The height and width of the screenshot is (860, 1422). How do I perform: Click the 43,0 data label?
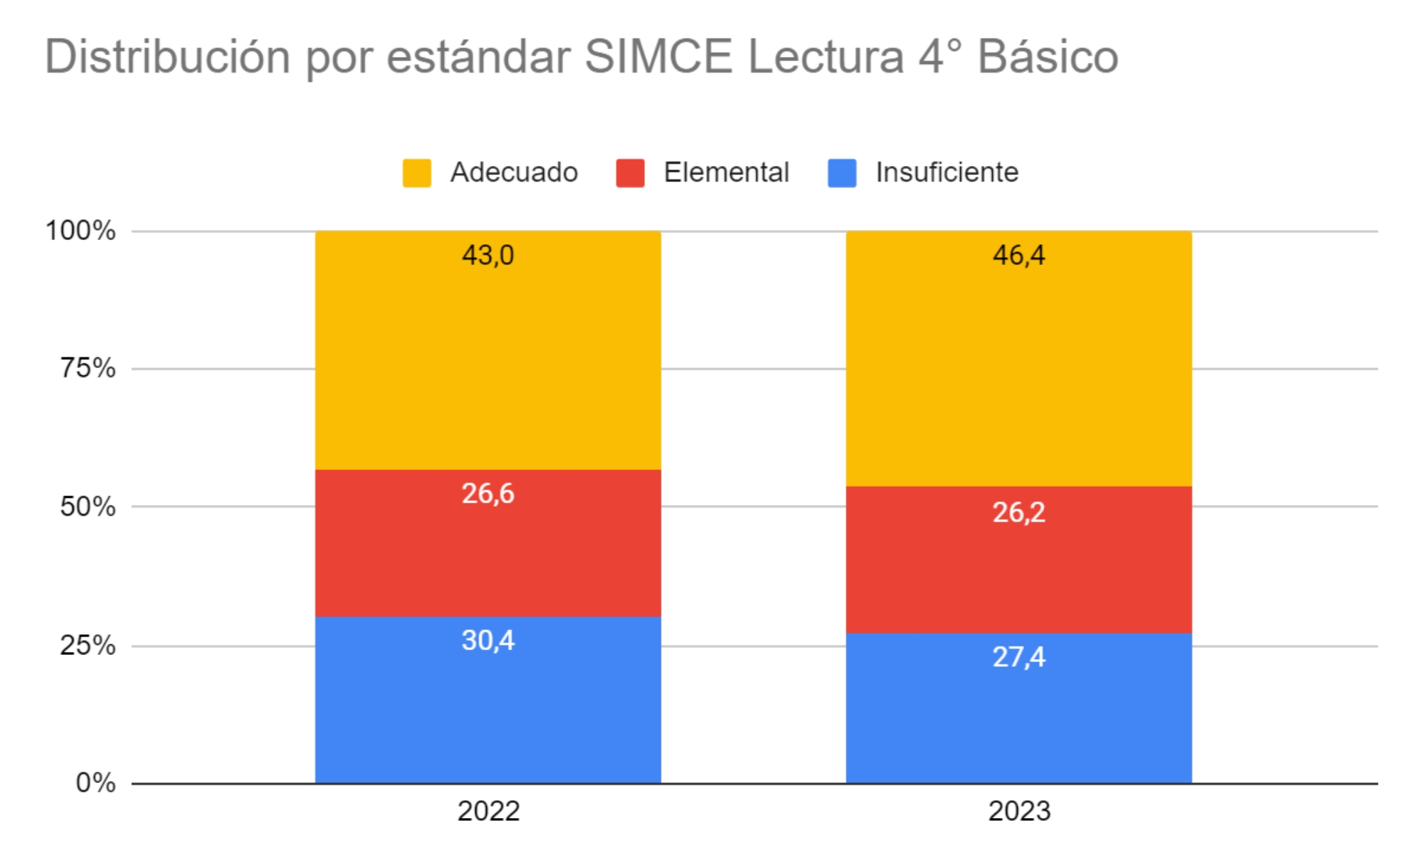pos(488,255)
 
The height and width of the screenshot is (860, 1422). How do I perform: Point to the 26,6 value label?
pos(488,493)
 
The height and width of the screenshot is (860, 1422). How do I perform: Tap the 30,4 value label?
pos(488,640)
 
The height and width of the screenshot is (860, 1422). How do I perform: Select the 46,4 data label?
pos(1018,255)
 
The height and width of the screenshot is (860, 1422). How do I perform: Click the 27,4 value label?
pos(1018,656)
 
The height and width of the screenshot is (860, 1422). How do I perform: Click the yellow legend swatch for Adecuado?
pos(416,173)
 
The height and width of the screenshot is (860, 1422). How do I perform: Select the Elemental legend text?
pos(726,172)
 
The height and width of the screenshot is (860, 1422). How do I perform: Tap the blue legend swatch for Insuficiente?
pos(842,173)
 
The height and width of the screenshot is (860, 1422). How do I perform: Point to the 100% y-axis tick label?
pos(80,231)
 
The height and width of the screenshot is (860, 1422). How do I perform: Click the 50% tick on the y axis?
pos(88,507)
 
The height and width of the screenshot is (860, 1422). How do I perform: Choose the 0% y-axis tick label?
pos(95,783)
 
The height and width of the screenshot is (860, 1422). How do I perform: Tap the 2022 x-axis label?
pos(488,811)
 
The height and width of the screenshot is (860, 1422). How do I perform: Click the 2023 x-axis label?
pos(1019,811)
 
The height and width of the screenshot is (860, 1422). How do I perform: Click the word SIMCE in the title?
pos(658,57)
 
